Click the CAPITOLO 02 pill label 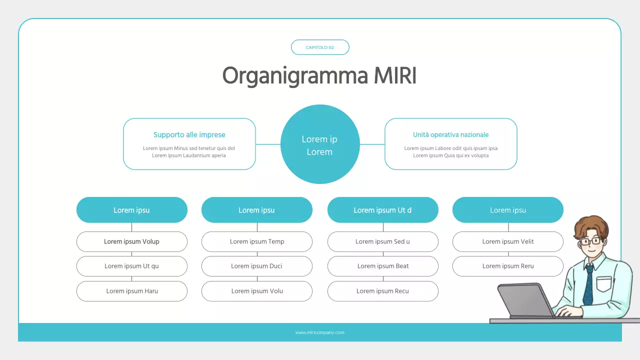tap(320, 47)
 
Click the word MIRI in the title tap(395, 76)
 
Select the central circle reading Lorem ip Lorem tap(320, 144)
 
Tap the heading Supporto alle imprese tap(189, 135)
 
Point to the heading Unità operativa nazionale tap(450, 135)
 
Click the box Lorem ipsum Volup tap(131, 241)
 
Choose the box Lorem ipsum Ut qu tap(131, 266)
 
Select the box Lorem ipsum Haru tap(131, 291)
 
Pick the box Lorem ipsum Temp tap(257, 241)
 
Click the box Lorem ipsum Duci tap(257, 266)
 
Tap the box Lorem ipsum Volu tap(257, 291)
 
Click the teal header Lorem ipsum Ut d tap(382, 210)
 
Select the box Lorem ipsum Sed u tap(382, 241)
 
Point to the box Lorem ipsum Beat tap(382, 266)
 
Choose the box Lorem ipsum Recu tap(382, 291)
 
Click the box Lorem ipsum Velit tap(507, 241)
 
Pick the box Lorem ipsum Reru tap(507, 266)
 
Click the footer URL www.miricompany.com tap(320, 332)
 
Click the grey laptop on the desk tap(525, 300)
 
